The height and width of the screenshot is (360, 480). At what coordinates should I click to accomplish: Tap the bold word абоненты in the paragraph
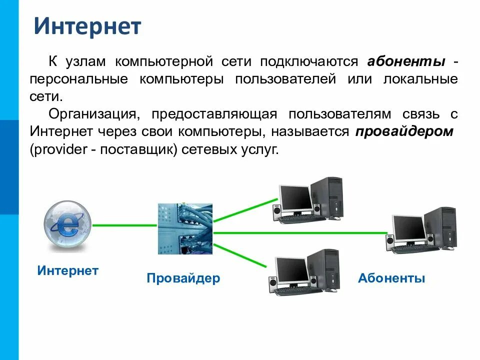(x=406, y=61)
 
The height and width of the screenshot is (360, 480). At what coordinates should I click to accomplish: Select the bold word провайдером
(x=404, y=132)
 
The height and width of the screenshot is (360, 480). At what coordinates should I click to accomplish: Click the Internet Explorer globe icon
(x=67, y=225)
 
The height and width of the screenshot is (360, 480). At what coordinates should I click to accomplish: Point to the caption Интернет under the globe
(x=68, y=271)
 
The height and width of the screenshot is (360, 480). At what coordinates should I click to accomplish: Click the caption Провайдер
(x=183, y=278)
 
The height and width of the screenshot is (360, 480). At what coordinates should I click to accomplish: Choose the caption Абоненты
(x=391, y=278)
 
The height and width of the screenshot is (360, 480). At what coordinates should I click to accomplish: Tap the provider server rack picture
(x=185, y=228)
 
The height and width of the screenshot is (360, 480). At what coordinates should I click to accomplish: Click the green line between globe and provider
(x=125, y=225)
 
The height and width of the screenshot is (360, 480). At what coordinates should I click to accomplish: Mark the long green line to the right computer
(x=300, y=232)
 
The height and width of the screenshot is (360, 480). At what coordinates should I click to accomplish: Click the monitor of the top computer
(x=295, y=199)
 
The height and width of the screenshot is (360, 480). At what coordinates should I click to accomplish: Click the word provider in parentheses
(x=54, y=150)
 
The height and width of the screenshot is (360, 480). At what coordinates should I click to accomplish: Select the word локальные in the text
(x=420, y=79)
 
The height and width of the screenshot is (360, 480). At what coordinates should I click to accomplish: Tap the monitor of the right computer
(x=408, y=228)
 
